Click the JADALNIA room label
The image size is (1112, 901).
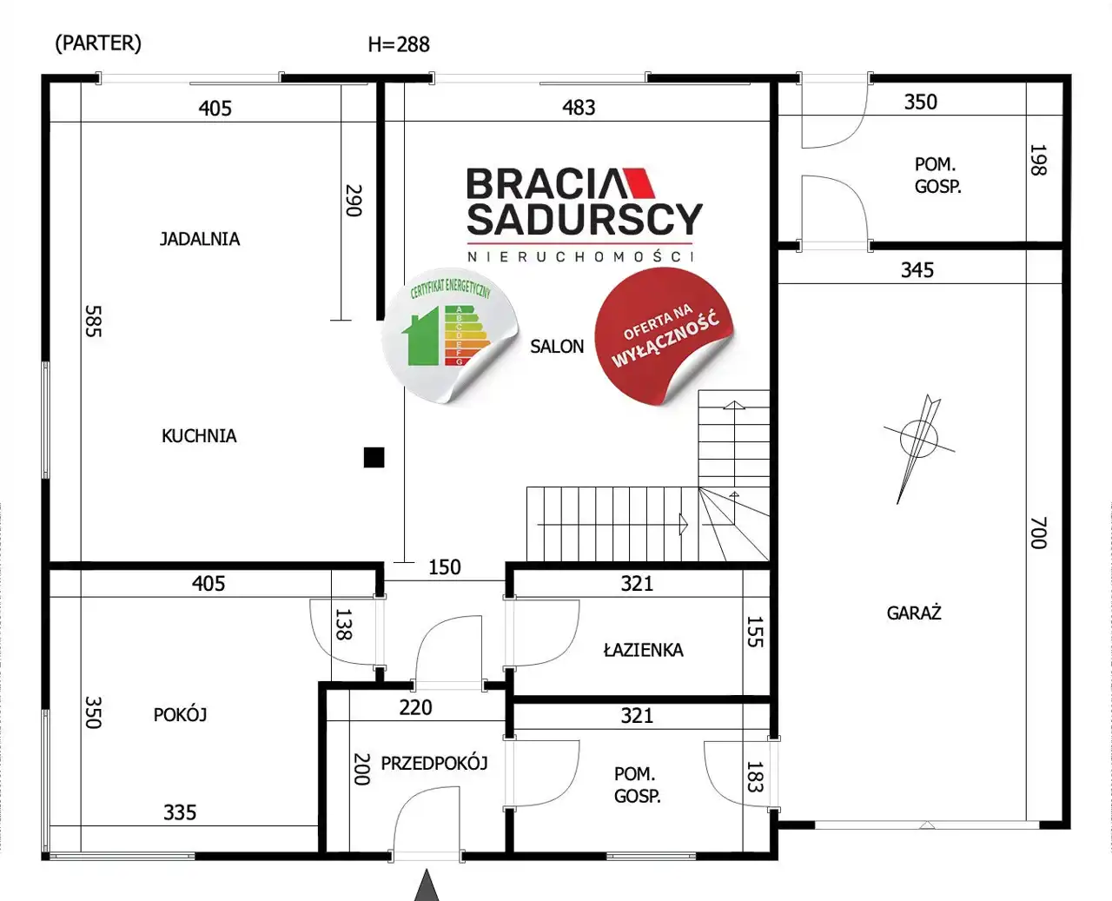point(200,239)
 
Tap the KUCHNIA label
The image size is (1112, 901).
point(199,436)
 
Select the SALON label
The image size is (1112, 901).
point(557,347)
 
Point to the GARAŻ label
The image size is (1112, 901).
point(914,612)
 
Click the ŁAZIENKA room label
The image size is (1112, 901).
point(643,649)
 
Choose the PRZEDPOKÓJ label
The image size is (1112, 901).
point(434,763)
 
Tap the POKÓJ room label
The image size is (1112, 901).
point(180,714)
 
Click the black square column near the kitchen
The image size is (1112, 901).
point(374,458)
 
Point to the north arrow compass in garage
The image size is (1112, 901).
point(919,444)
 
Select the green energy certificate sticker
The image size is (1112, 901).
point(450,335)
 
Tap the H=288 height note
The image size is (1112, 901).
point(399,45)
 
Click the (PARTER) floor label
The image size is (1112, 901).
point(98,43)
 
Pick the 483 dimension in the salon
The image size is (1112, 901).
point(579,108)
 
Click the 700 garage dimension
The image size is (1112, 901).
point(1038,533)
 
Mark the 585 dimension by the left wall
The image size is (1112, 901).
point(94,321)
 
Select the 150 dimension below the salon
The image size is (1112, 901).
point(445,566)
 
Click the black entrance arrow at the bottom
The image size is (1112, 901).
point(427,885)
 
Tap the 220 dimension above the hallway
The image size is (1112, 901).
point(415,707)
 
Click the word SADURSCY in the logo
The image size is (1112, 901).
point(585,219)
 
